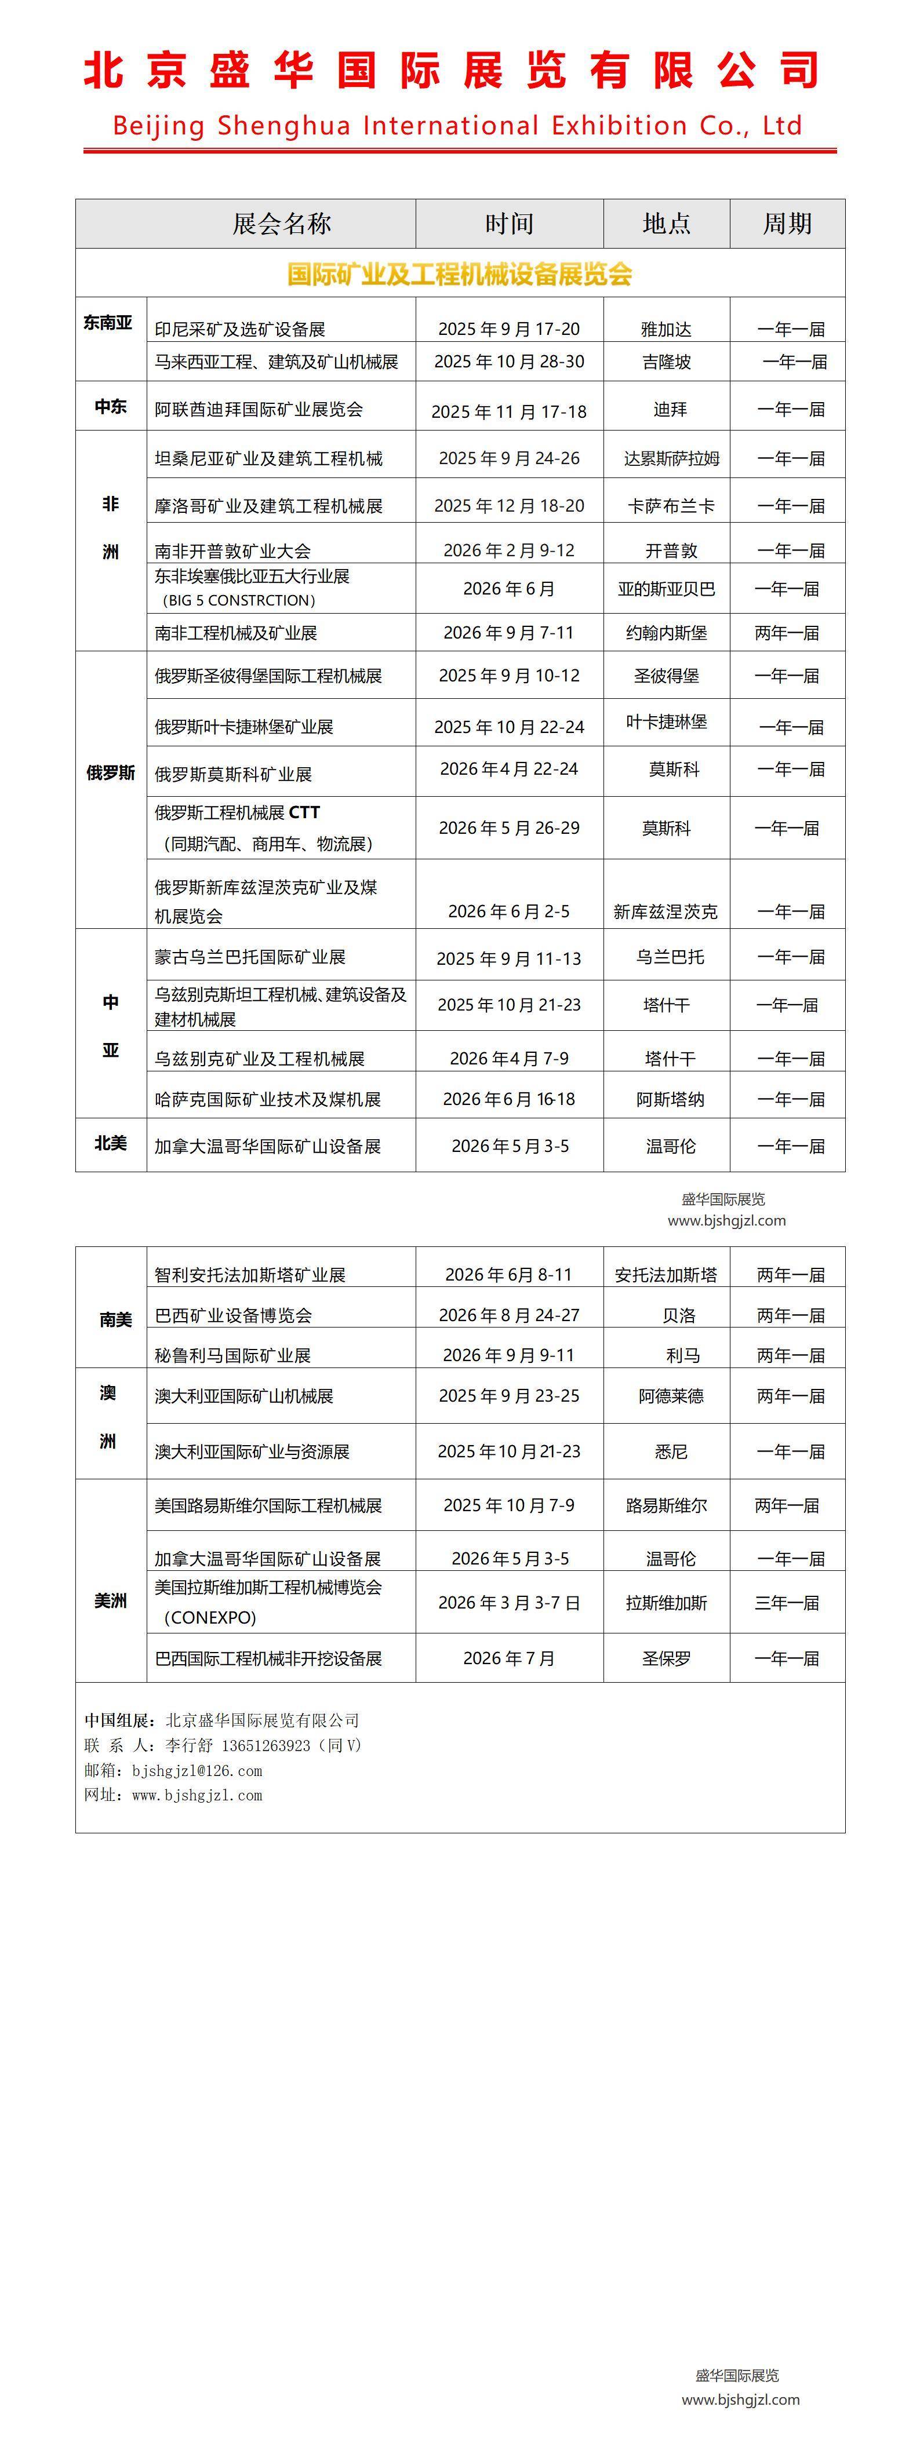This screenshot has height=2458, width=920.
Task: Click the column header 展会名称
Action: pos(282,224)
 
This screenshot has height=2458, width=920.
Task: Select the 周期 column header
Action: pos(787,224)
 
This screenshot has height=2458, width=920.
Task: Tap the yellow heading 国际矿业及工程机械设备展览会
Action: pos(460,275)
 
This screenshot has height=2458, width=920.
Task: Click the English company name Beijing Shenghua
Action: pos(457,125)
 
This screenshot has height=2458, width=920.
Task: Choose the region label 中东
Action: pos(111,407)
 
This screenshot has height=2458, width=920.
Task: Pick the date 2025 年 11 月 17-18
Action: pos(508,412)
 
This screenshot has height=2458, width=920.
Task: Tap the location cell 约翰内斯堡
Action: pos(666,633)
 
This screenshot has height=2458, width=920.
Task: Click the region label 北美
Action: pos(111,1143)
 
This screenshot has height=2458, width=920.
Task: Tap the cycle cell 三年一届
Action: pos(787,1603)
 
